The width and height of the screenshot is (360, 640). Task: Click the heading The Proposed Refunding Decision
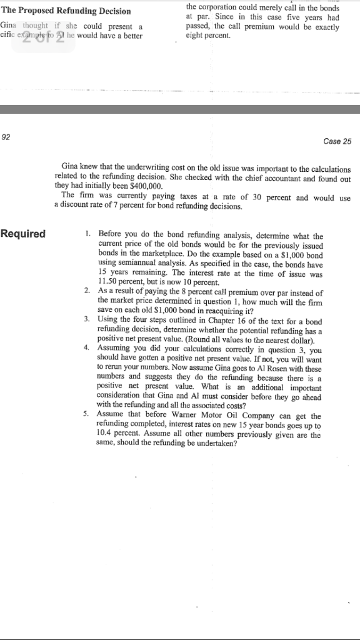click(x=66, y=11)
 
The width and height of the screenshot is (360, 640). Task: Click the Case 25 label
click(x=338, y=141)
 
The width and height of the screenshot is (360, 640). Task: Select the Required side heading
click(x=23, y=234)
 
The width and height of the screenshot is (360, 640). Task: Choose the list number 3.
click(x=86, y=319)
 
